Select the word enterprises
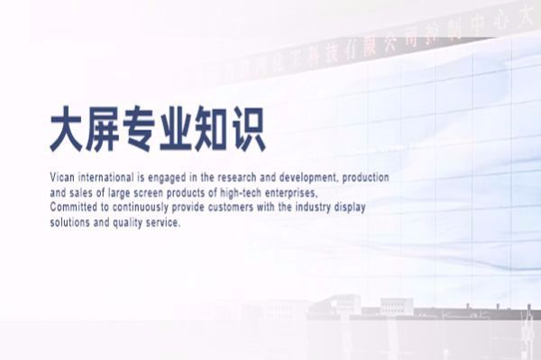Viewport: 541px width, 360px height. [x=294, y=193]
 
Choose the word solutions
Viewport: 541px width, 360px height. [x=71, y=222]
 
